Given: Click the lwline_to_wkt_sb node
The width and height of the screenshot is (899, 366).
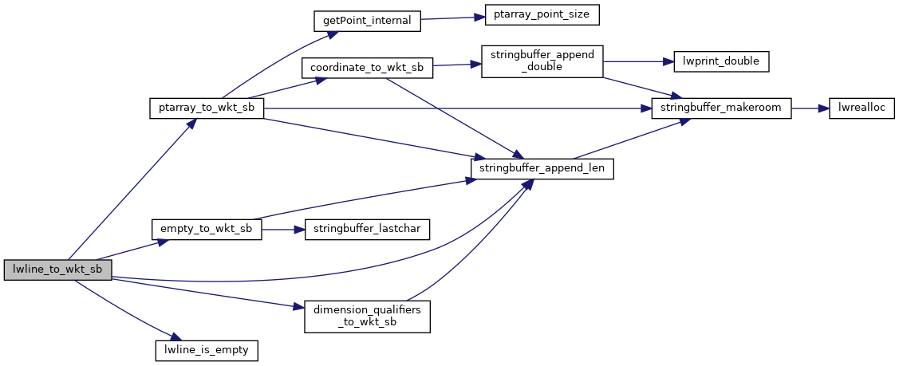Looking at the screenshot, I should (x=57, y=270).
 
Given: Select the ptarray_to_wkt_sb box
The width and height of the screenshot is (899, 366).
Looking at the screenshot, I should (x=207, y=108).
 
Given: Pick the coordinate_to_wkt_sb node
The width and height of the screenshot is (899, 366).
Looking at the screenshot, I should (x=367, y=69).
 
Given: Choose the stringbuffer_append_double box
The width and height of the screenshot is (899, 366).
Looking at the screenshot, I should (x=542, y=61).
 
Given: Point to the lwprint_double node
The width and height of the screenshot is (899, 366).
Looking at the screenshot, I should (x=721, y=61).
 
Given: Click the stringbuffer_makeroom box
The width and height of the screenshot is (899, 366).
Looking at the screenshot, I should (x=721, y=108).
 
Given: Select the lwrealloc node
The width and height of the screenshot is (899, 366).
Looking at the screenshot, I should (x=857, y=108).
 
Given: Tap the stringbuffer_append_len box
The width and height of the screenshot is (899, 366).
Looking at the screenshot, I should (x=542, y=169).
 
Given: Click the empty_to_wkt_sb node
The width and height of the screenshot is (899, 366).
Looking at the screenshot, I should (x=207, y=229).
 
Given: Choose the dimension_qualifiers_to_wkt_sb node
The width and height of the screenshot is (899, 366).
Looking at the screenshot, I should (x=367, y=317).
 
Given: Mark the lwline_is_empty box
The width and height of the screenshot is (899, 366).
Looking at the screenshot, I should (x=207, y=349).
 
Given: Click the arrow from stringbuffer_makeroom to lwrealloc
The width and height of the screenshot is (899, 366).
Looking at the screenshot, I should (x=810, y=108).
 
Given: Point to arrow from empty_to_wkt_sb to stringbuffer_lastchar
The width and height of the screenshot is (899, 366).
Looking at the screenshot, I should (x=283, y=229).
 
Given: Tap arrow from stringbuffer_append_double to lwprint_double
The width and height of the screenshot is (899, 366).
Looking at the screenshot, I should (x=638, y=61).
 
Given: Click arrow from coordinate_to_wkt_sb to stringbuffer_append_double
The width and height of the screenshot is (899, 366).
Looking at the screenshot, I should (x=457, y=65).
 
